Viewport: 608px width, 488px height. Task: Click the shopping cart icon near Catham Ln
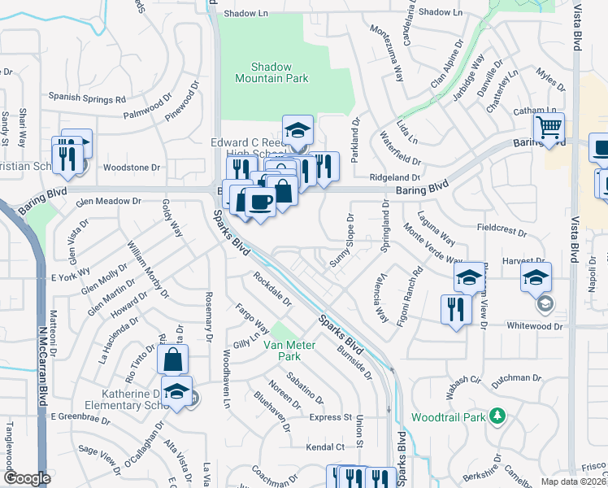549,127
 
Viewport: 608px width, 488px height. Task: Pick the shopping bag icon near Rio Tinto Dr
172,359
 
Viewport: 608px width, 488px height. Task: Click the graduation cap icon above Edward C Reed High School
297,129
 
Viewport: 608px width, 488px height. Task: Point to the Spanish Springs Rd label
87,98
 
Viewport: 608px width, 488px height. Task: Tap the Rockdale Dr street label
272,289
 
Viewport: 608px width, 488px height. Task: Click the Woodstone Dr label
132,168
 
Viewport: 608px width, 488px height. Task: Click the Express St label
329,417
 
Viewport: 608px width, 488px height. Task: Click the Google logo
27,478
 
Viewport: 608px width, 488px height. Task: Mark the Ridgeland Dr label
394,176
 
